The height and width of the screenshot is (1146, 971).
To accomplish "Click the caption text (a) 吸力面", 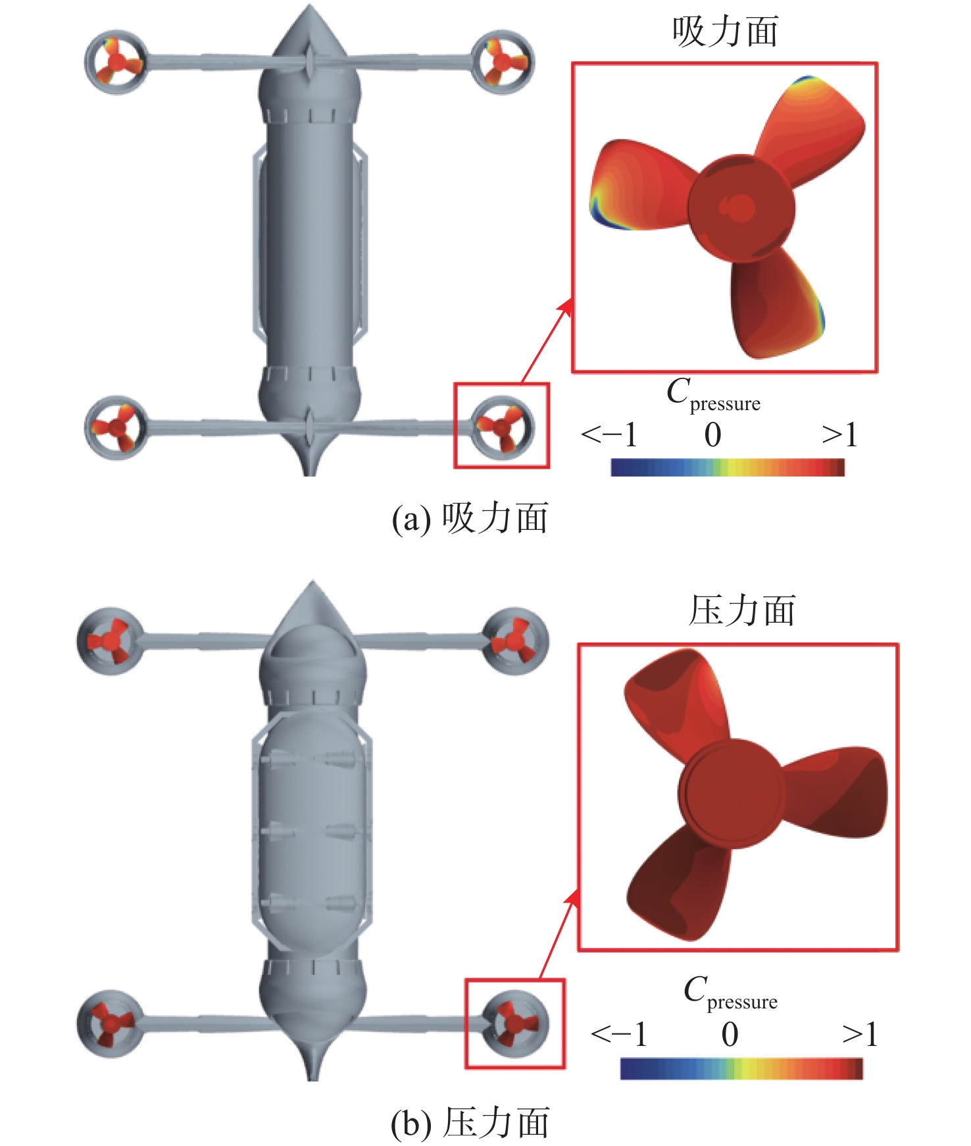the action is click(x=470, y=518).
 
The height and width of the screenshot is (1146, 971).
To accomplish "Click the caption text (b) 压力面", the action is click(x=470, y=1123).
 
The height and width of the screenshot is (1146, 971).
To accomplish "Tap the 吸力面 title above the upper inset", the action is click(x=725, y=31).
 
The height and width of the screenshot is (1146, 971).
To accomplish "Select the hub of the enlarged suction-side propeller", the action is click(x=741, y=207).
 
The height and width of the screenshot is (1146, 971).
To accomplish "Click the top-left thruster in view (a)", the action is click(x=116, y=63).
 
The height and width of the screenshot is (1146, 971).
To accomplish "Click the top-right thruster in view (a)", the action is click(x=503, y=61).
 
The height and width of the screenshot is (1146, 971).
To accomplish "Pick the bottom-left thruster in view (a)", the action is click(x=116, y=428).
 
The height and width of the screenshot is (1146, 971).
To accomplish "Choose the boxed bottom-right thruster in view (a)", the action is click(x=503, y=427).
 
